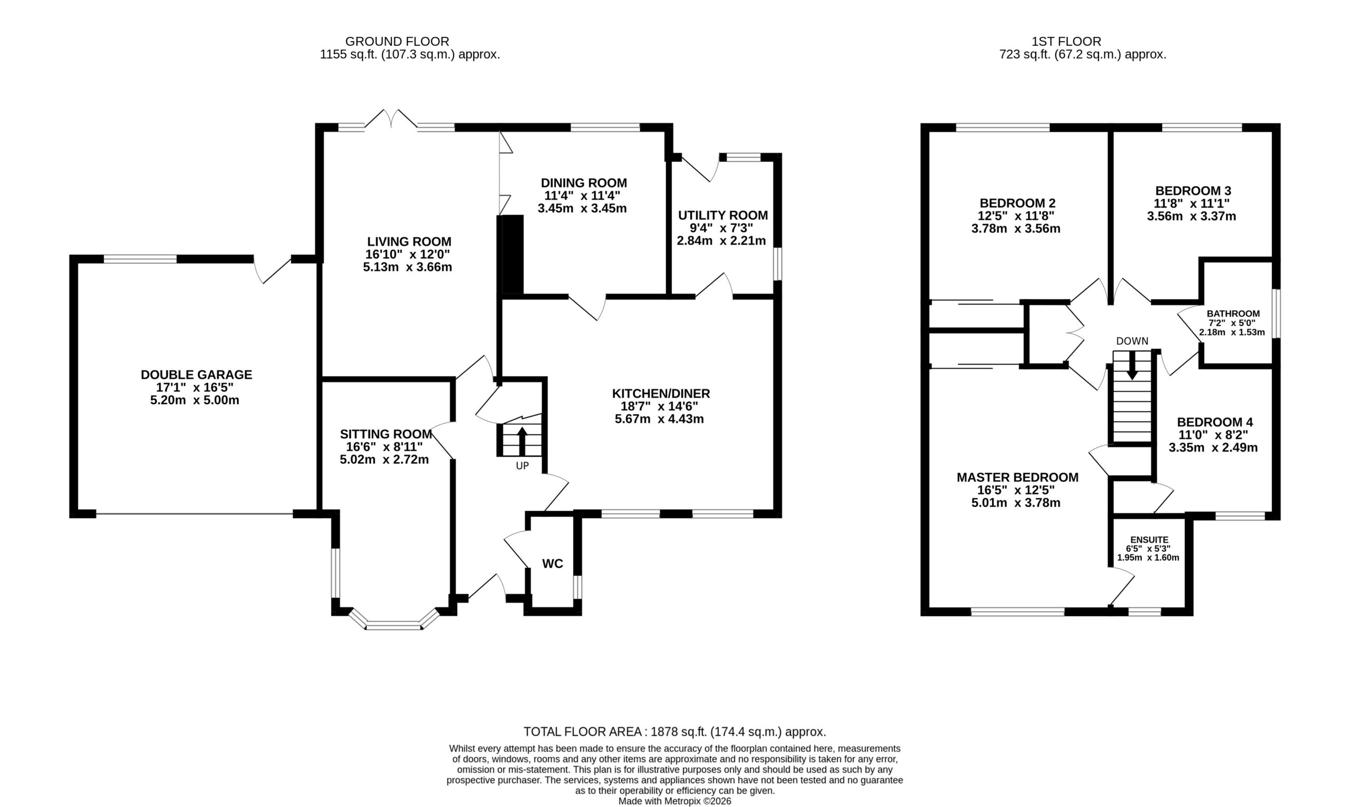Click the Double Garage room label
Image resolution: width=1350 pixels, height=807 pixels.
pyautogui.click(x=196, y=375)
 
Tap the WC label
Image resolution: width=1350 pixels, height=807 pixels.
pyautogui.click(x=553, y=564)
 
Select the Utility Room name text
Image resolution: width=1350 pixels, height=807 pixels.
pyautogui.click(x=723, y=216)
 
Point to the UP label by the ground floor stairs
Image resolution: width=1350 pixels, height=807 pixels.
pyautogui.click(x=522, y=466)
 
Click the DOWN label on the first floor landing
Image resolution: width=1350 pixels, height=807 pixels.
pyautogui.click(x=1132, y=341)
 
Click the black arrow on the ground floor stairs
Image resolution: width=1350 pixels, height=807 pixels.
pyautogui.click(x=522, y=441)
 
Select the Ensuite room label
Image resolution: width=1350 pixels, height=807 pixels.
pyautogui.click(x=1149, y=539)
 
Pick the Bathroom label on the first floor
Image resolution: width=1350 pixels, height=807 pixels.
pyautogui.click(x=1233, y=314)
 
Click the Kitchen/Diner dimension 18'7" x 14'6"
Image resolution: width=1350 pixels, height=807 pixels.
pyautogui.click(x=659, y=406)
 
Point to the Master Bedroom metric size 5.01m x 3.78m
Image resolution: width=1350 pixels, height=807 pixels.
pyautogui.click(x=1016, y=503)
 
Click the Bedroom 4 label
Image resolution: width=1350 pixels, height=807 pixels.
pyautogui.click(x=1215, y=422)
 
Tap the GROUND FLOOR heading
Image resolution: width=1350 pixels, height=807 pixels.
pyautogui.click(x=397, y=41)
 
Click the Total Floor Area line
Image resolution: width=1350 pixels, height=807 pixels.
pyautogui.click(x=675, y=732)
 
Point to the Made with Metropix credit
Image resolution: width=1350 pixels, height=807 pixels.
pyautogui.click(x=675, y=801)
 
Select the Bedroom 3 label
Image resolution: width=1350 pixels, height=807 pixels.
pyautogui.click(x=1192, y=191)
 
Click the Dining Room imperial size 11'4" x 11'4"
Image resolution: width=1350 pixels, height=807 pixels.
pyautogui.click(x=582, y=196)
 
